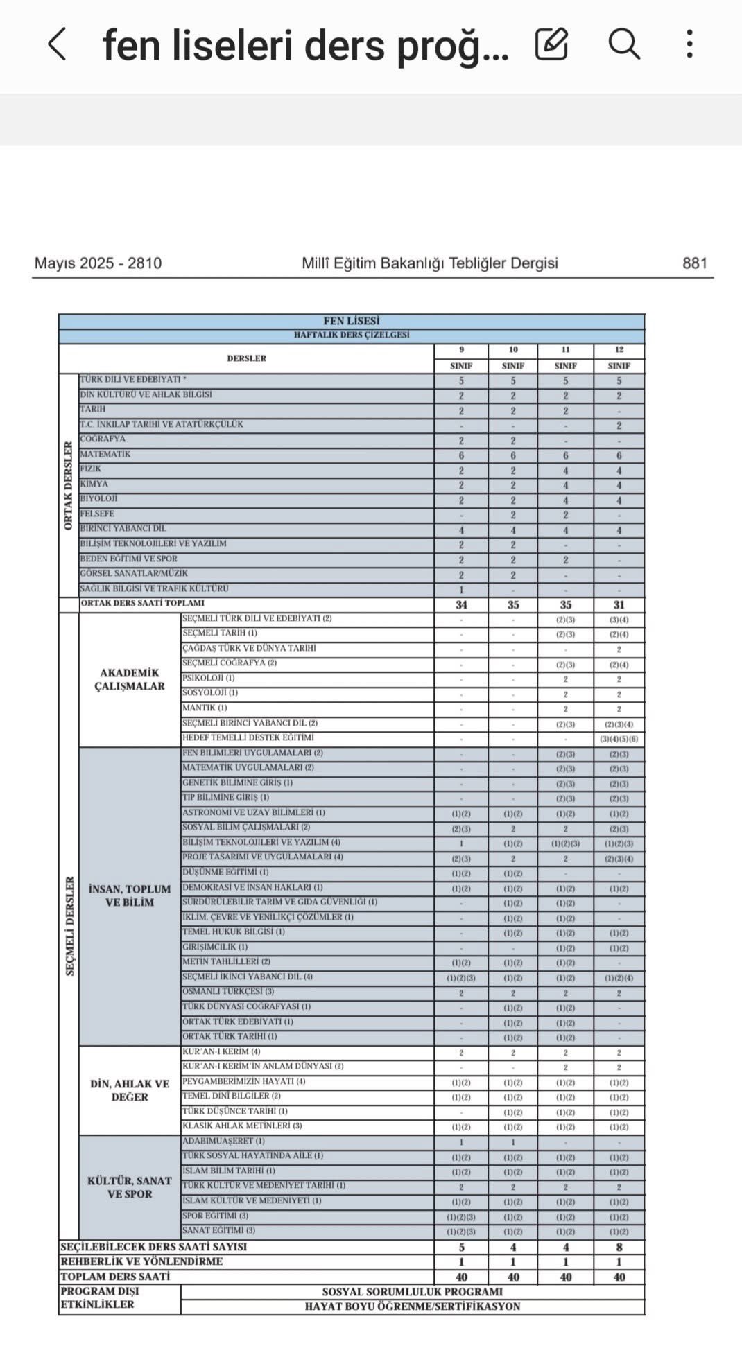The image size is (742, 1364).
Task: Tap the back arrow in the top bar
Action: [58, 44]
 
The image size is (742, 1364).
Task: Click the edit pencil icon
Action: [552, 44]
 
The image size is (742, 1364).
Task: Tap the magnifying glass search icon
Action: [624, 44]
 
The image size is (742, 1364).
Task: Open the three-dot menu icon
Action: [689, 44]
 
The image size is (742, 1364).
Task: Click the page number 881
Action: [694, 263]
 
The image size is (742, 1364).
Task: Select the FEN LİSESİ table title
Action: [352, 321]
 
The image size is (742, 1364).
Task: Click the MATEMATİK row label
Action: [105, 454]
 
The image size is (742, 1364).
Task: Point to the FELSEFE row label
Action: [97, 514]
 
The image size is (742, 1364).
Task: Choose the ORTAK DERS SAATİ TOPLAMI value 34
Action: [461, 604]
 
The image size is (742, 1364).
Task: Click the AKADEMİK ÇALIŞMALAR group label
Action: [130, 679]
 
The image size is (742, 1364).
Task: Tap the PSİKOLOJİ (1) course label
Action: [209, 678]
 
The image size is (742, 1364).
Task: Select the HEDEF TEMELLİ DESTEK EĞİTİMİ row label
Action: [248, 737]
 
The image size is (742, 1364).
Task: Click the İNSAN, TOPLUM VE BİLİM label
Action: [130, 895]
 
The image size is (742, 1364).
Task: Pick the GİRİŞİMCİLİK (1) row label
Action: [215, 947]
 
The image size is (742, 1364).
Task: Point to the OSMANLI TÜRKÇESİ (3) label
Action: [228, 992]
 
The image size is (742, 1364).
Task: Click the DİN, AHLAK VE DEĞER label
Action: [130, 1090]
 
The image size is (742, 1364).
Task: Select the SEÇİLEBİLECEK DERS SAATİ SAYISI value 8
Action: [619, 1247]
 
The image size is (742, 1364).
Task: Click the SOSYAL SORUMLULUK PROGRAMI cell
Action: [412, 1292]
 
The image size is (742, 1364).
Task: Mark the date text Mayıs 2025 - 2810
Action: [98, 263]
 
